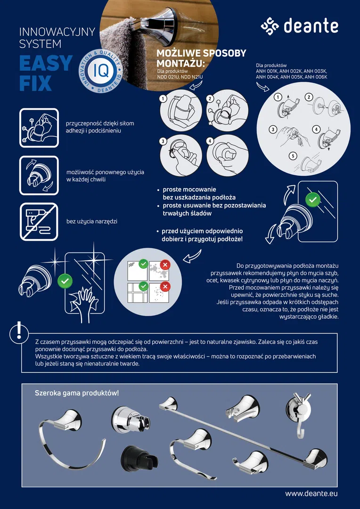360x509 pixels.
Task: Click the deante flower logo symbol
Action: (x=270, y=26)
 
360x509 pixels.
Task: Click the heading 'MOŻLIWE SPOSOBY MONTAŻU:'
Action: (x=201, y=57)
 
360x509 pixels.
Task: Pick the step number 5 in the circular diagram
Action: (x=293, y=156)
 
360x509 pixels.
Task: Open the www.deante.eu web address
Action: (x=311, y=493)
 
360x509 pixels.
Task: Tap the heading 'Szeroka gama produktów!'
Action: (x=77, y=393)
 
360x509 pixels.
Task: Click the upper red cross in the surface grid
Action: (x=165, y=265)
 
